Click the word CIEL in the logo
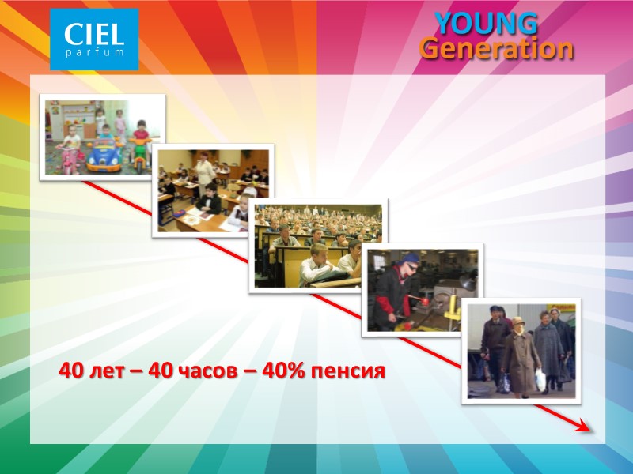pyautogui.click(x=94, y=34)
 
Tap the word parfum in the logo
pyautogui.click(x=94, y=52)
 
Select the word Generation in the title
pyautogui.click(x=496, y=49)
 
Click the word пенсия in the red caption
pyautogui.click(x=348, y=370)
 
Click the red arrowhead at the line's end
pyautogui.click(x=584, y=427)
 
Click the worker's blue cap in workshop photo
pyautogui.click(x=411, y=258)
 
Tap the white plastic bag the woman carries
pyautogui.click(x=540, y=380)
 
